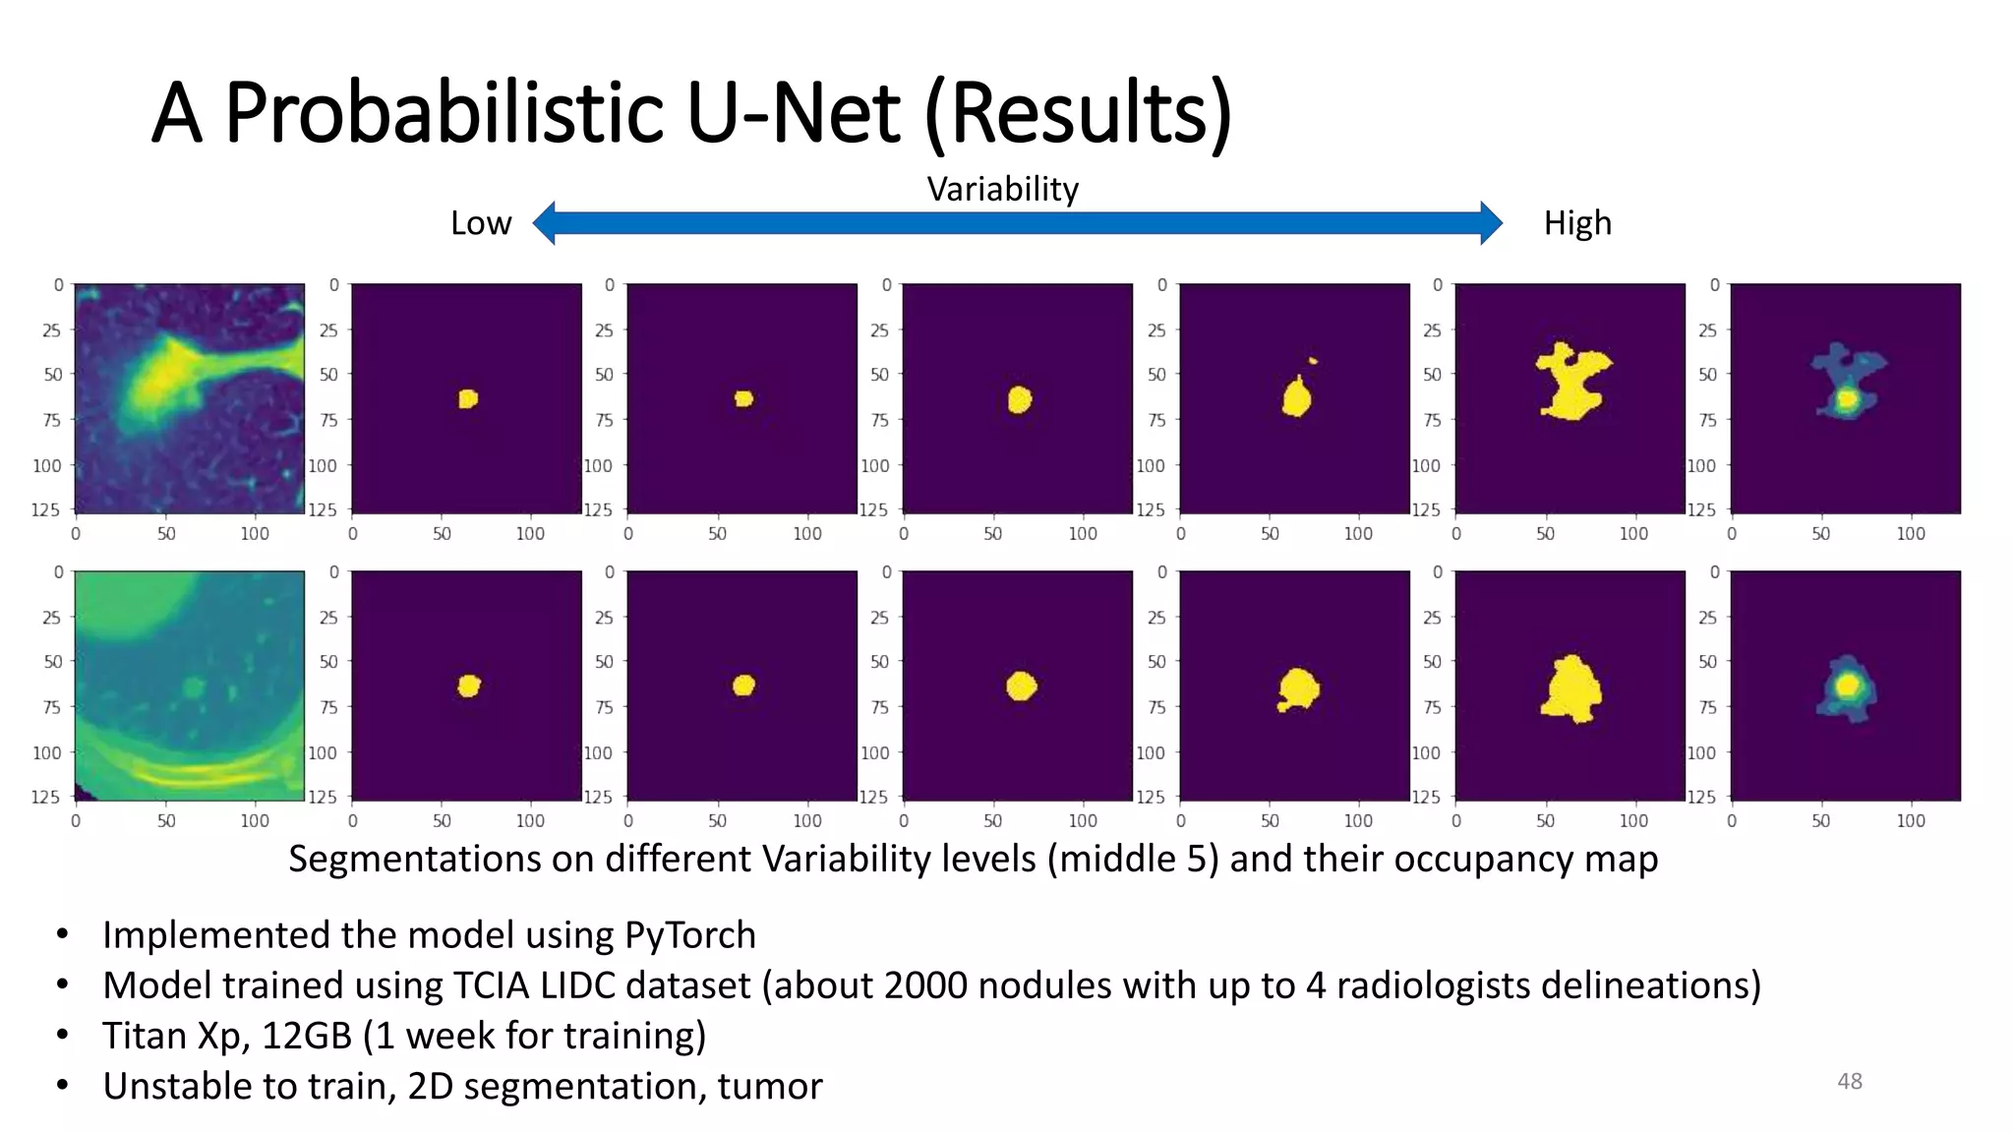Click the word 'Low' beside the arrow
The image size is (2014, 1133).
pyautogui.click(x=481, y=223)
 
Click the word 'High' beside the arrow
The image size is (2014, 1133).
pyautogui.click(x=1576, y=223)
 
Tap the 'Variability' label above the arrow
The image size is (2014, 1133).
pyautogui.click(x=1002, y=189)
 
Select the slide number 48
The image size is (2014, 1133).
pyautogui.click(x=1849, y=1081)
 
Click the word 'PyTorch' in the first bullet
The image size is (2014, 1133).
pyautogui.click(x=689, y=935)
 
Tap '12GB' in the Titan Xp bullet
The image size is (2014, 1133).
pyautogui.click(x=306, y=1036)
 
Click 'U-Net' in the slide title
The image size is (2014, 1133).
pyautogui.click(x=793, y=113)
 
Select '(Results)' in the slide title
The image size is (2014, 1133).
pyautogui.click(x=1078, y=113)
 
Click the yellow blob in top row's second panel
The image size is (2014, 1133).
pyautogui.click(x=468, y=398)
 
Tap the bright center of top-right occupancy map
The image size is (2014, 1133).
pyautogui.click(x=1846, y=399)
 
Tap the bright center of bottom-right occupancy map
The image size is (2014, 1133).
pyautogui.click(x=1847, y=685)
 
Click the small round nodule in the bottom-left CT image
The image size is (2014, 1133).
pyautogui.click(x=193, y=686)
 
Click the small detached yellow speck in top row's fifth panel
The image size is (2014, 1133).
pyautogui.click(x=1312, y=361)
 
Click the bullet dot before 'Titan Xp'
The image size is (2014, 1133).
pyautogui.click(x=62, y=1036)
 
